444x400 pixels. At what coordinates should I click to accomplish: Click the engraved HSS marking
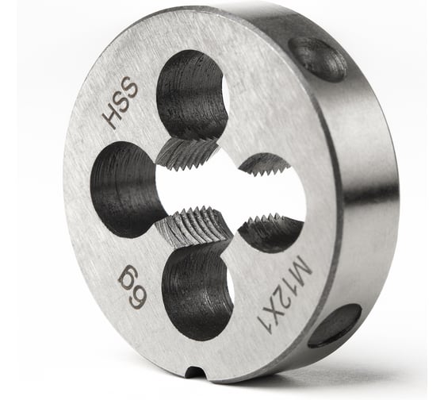coord(120,104)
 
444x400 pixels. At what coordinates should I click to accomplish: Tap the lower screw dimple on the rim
coord(335,325)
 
